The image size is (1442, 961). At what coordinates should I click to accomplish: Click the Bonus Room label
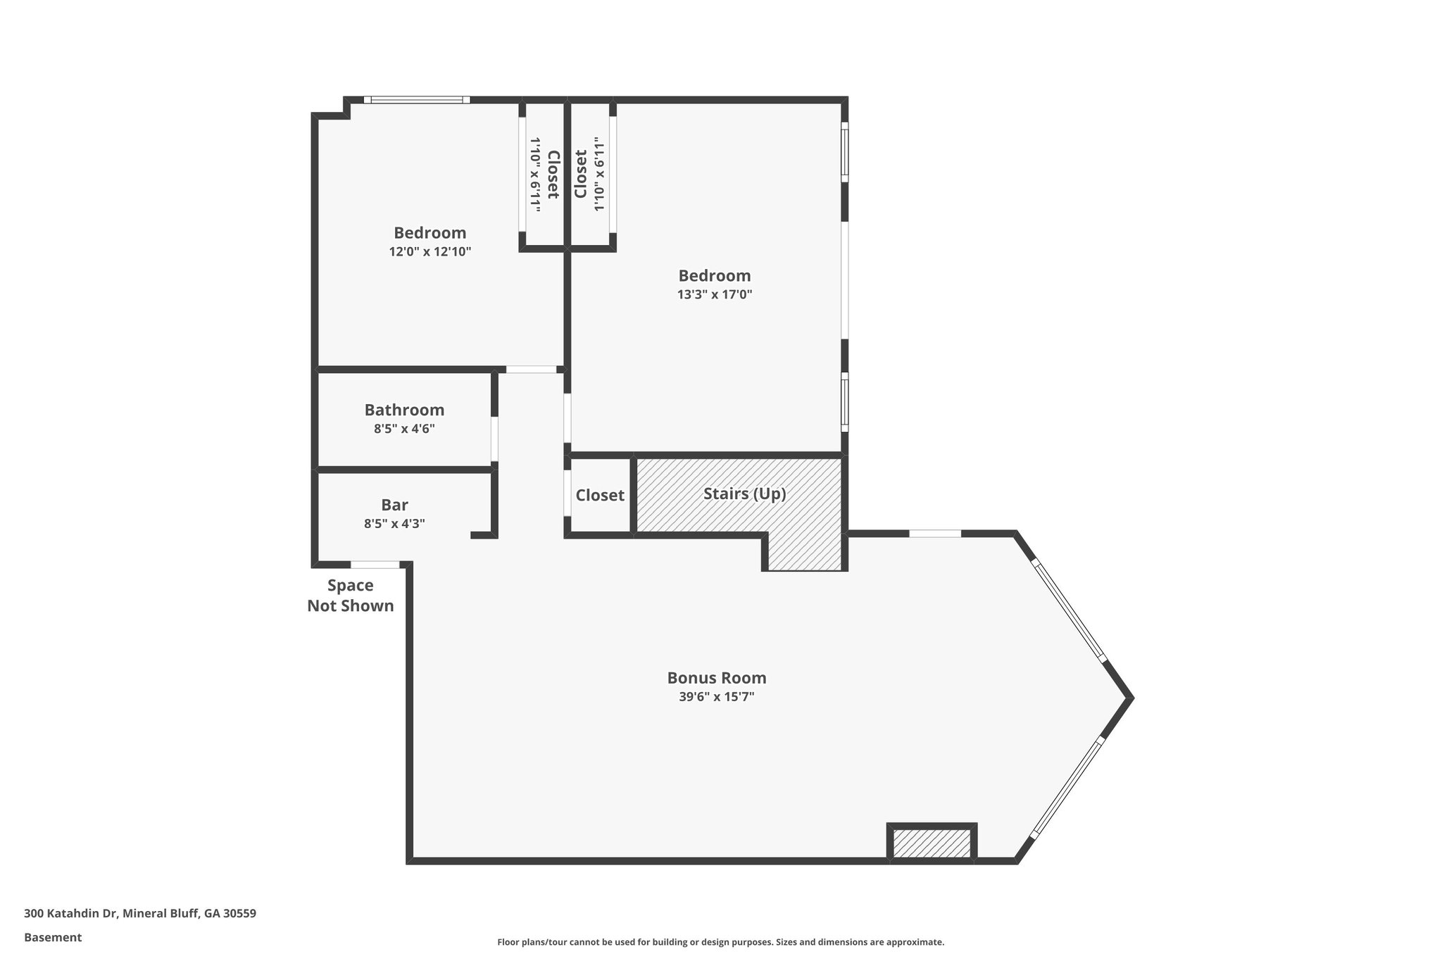716,678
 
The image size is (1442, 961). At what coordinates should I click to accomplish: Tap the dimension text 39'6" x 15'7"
716,697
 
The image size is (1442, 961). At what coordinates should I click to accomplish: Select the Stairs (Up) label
744,494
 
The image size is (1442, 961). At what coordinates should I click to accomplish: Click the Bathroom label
404,410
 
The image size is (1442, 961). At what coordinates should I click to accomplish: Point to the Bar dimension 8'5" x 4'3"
394,524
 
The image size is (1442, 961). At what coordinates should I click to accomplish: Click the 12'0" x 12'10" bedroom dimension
430,251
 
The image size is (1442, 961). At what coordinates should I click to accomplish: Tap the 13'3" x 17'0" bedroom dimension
715,294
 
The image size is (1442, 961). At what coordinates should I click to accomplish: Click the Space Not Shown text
350,596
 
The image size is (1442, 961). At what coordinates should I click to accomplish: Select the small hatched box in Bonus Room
932,843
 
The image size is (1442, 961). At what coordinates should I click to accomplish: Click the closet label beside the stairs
600,495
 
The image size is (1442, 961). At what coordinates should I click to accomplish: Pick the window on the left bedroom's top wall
417,100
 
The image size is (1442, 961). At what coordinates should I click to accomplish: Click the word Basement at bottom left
53,938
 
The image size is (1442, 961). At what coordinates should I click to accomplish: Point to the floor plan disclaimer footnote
720,942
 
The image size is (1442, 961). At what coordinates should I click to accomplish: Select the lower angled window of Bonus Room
1067,787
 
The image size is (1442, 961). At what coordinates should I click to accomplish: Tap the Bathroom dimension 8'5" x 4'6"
404,429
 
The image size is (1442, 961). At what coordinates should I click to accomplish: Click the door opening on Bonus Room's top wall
934,534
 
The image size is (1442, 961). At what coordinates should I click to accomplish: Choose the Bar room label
394,505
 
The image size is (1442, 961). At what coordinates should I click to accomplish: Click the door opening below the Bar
375,565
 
